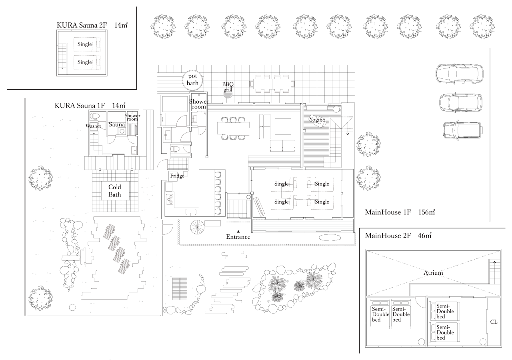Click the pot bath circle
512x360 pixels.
(192, 80)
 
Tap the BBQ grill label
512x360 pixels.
(228, 87)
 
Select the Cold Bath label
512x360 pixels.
(115, 191)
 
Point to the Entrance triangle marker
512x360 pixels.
(238, 231)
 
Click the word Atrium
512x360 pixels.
(433, 273)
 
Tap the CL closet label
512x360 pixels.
(494, 322)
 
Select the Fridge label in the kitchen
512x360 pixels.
(177, 176)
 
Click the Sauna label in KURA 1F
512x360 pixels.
(117, 124)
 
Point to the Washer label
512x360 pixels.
(93, 126)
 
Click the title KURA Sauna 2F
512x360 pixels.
(82, 25)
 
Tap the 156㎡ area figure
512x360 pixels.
(426, 212)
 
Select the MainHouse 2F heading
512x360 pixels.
(388, 236)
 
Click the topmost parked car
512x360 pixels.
(460, 73)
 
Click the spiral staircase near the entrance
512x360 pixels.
(197, 227)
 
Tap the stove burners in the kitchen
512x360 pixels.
(170, 199)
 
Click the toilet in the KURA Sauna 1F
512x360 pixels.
(95, 116)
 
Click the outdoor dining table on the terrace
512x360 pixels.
(272, 84)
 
